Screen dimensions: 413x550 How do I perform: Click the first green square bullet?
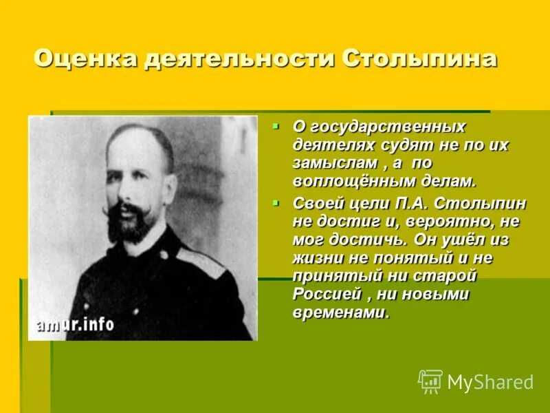coord(277,126)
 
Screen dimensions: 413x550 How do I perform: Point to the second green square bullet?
coord(277,202)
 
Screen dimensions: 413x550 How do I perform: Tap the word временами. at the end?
coord(341,313)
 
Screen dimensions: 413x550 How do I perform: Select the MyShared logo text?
coord(490,382)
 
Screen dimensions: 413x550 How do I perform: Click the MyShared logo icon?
coord(430,381)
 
